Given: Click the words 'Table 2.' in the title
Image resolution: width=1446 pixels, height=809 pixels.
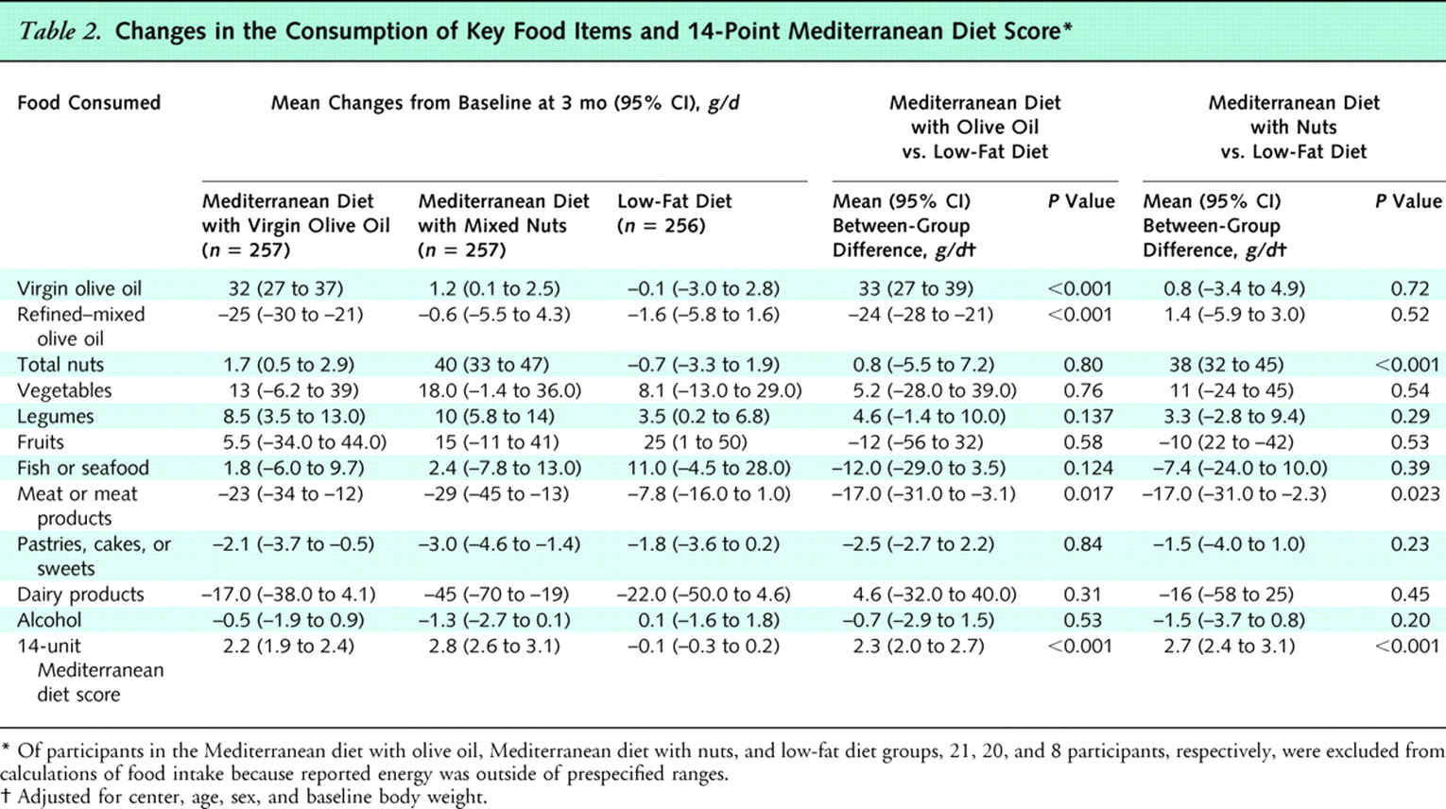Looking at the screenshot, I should [60, 31].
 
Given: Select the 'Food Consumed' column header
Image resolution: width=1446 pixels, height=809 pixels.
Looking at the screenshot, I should [89, 103].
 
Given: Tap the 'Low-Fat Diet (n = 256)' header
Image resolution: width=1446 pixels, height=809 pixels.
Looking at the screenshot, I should [674, 214].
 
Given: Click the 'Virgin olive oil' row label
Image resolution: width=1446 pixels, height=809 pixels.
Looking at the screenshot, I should [79, 288].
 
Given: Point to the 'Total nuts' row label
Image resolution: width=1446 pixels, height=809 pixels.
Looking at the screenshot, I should [60, 365].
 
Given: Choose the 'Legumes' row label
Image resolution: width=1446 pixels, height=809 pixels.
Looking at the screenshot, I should [55, 416].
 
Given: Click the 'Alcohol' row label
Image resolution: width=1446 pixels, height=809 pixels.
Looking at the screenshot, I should [49, 620].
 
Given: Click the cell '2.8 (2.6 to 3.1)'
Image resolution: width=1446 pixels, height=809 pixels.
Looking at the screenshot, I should [493, 646].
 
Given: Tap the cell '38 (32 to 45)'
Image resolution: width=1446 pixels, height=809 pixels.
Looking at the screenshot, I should [1224, 365].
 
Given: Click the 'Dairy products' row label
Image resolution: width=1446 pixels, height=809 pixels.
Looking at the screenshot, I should [80, 594].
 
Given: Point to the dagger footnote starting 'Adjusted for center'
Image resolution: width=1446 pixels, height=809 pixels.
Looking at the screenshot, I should [250, 797].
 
